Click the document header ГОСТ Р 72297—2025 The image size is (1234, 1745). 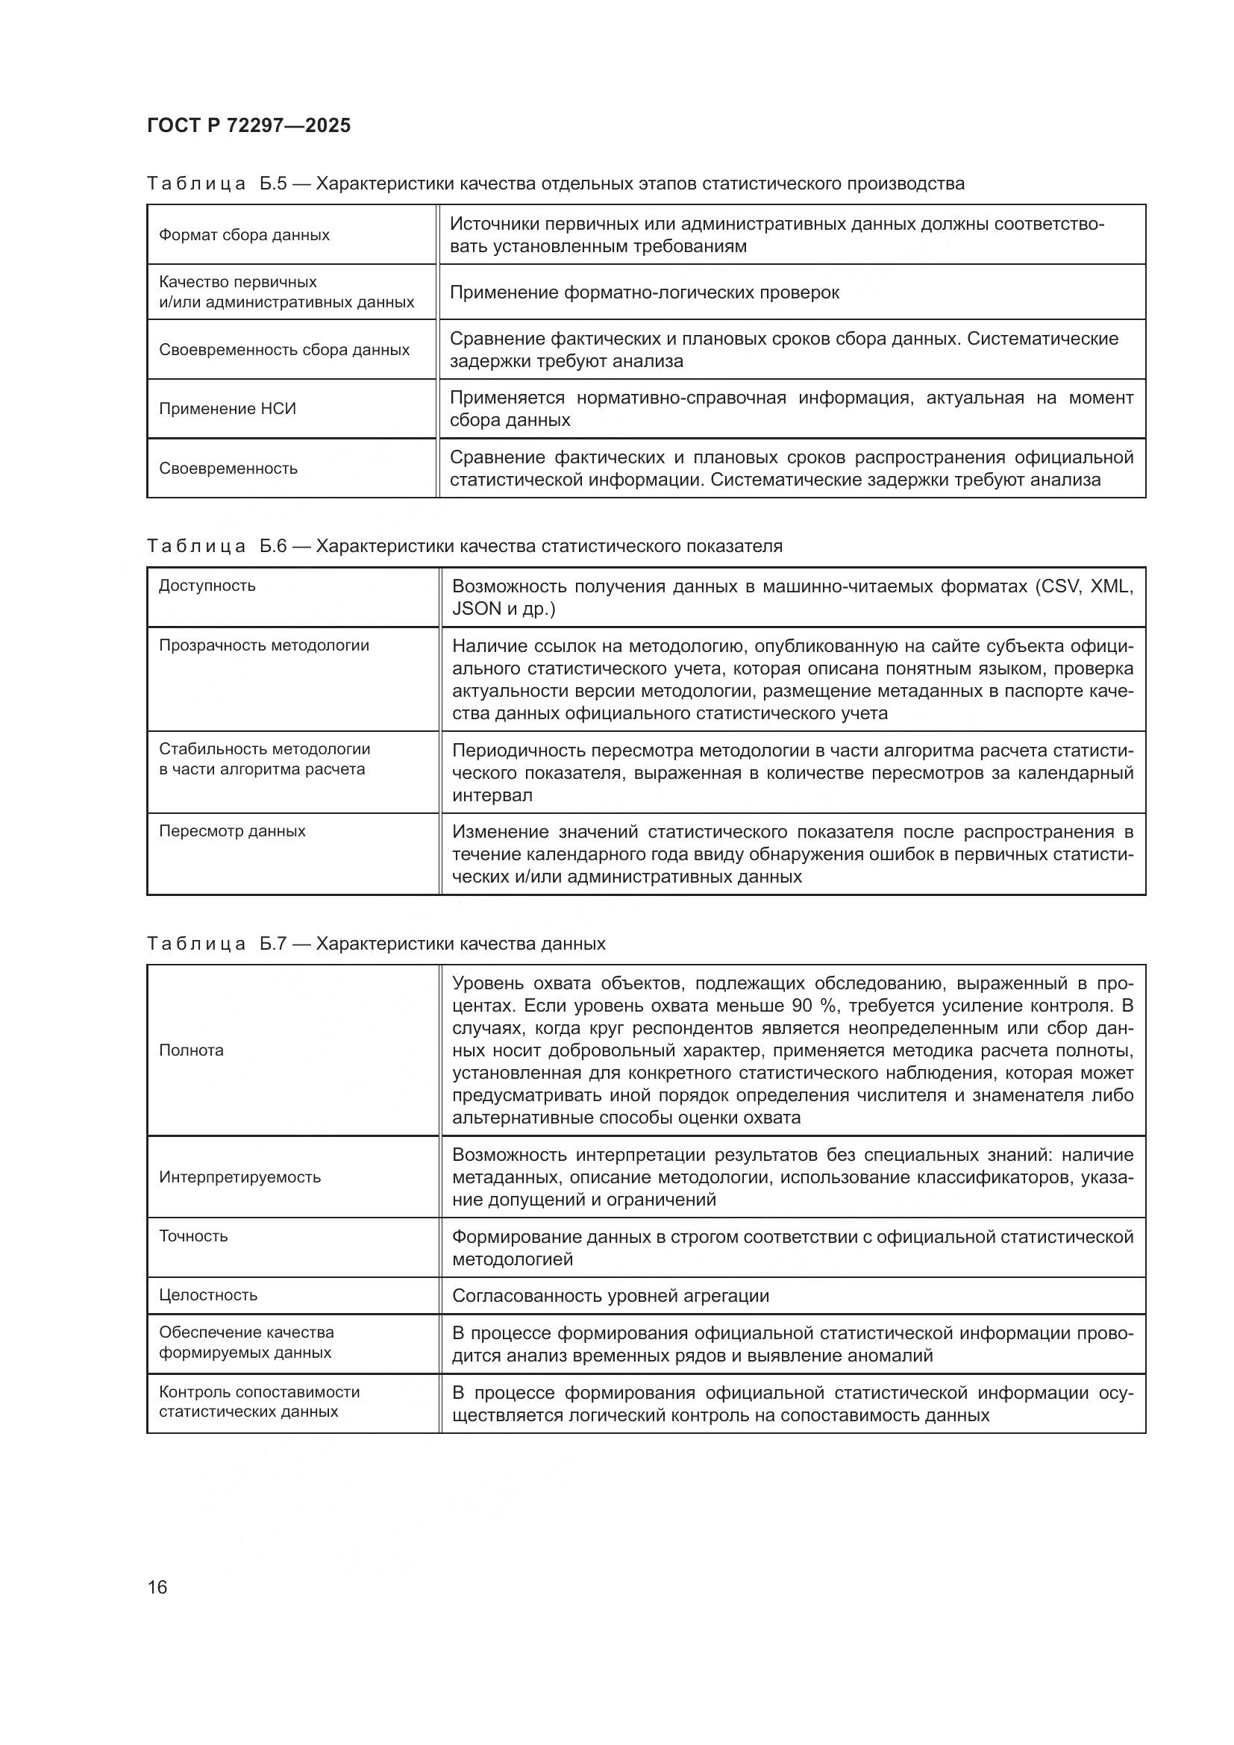[248, 125]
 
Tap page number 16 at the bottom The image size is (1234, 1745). [157, 1587]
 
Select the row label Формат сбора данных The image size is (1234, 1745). [244, 235]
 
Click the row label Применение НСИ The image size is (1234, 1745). [228, 409]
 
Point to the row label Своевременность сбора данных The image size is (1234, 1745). [284, 350]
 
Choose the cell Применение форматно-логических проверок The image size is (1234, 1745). [645, 292]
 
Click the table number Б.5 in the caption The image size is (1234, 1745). [273, 184]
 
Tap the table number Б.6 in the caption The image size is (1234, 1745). [273, 546]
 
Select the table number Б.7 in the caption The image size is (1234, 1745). [273, 944]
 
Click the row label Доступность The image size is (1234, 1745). [207, 586]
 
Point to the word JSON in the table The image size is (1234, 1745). [477, 609]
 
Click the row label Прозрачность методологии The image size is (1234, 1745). [263, 645]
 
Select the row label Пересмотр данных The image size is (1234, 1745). [232, 830]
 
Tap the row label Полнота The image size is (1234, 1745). [192, 1050]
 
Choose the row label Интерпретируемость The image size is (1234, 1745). [239, 1177]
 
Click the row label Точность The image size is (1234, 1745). [193, 1235]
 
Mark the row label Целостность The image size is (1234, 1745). [208, 1294]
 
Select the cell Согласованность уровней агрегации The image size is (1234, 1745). [610, 1296]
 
